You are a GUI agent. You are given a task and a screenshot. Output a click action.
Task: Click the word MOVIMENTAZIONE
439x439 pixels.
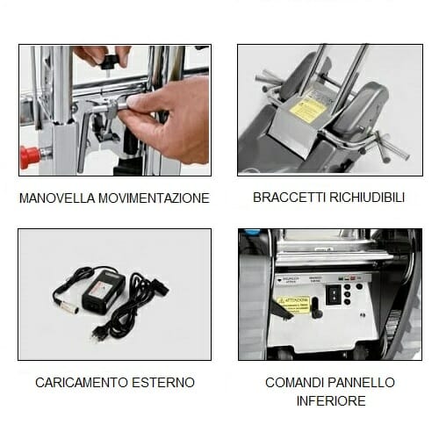155,198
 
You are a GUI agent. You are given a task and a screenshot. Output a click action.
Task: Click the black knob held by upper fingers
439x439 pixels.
109,61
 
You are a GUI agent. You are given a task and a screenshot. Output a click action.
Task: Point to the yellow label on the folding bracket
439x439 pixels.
308,110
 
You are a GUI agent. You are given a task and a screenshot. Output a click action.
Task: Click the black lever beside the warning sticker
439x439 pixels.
315,307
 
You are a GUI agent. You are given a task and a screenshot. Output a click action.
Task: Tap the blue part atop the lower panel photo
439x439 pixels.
252,234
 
